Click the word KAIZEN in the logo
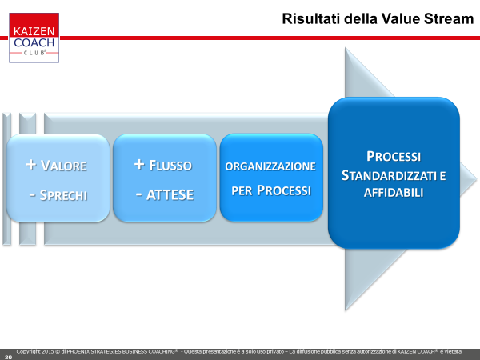[x=34, y=31]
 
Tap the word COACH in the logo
[x=34, y=42]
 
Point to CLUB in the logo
[x=34, y=53]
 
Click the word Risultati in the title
[x=311, y=18]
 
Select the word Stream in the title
[x=449, y=18]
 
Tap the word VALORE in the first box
[x=64, y=166]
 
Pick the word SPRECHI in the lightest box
[x=63, y=195]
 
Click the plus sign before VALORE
[x=31, y=164]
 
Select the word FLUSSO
[x=170, y=166]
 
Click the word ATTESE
[x=170, y=195]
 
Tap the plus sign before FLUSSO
[x=139, y=164]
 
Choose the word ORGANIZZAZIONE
[x=270, y=166]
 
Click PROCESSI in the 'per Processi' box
[x=284, y=190]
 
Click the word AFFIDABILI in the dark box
[x=394, y=193]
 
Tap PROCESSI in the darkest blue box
[x=394, y=157]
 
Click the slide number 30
[x=8, y=357]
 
